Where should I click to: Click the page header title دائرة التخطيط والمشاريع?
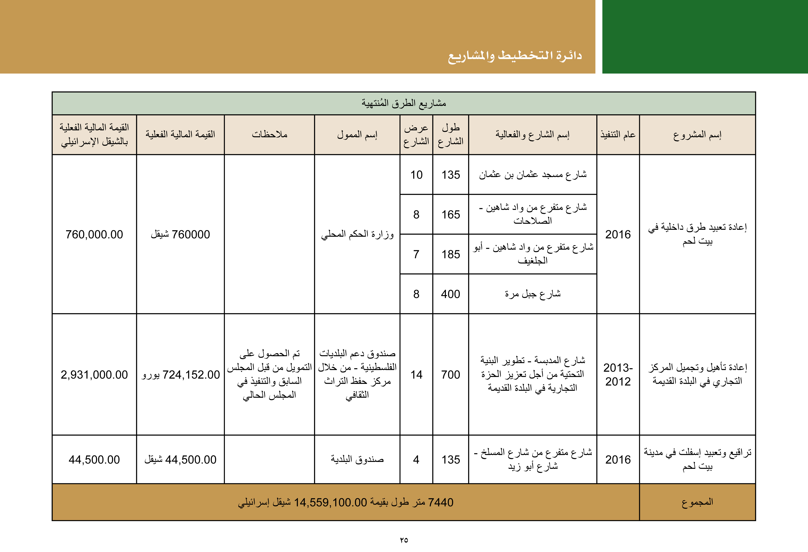point(515,56)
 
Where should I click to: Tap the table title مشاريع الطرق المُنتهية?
point(404,103)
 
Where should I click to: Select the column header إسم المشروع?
point(697,135)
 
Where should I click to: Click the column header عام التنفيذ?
point(618,135)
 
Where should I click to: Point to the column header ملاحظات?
point(269,135)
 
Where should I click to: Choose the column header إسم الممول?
point(357,135)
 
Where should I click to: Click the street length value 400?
point(451,294)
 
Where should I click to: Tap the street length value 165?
point(451,214)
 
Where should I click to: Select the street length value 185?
point(451,254)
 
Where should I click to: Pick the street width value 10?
point(416,175)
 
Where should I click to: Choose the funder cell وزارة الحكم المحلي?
point(357,234)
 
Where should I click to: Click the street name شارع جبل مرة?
point(533,294)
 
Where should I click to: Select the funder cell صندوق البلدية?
point(357,459)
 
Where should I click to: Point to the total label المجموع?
point(697,502)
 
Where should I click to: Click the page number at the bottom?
point(404,540)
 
